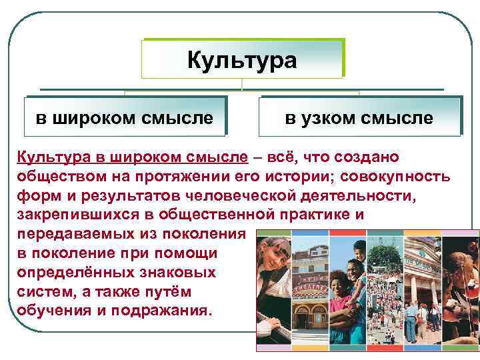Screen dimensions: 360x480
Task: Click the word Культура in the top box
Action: tap(241, 61)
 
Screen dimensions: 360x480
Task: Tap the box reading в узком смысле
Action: tap(359, 118)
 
